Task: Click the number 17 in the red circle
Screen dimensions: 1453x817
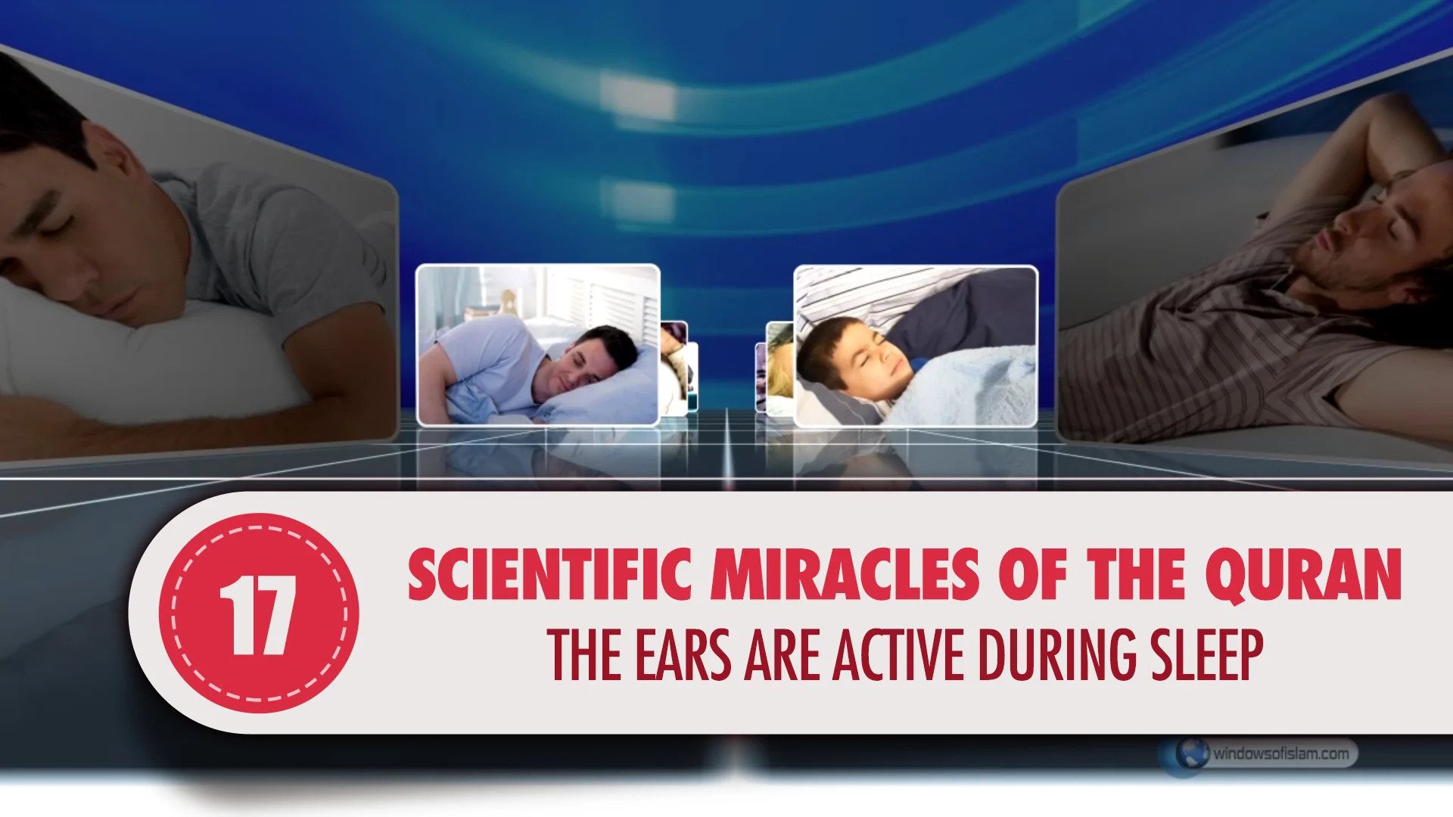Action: coord(258,615)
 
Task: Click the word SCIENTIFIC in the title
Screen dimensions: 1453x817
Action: coord(550,574)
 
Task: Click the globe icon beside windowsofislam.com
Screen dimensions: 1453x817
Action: coord(1190,753)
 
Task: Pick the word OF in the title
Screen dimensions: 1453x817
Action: coord(1033,574)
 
